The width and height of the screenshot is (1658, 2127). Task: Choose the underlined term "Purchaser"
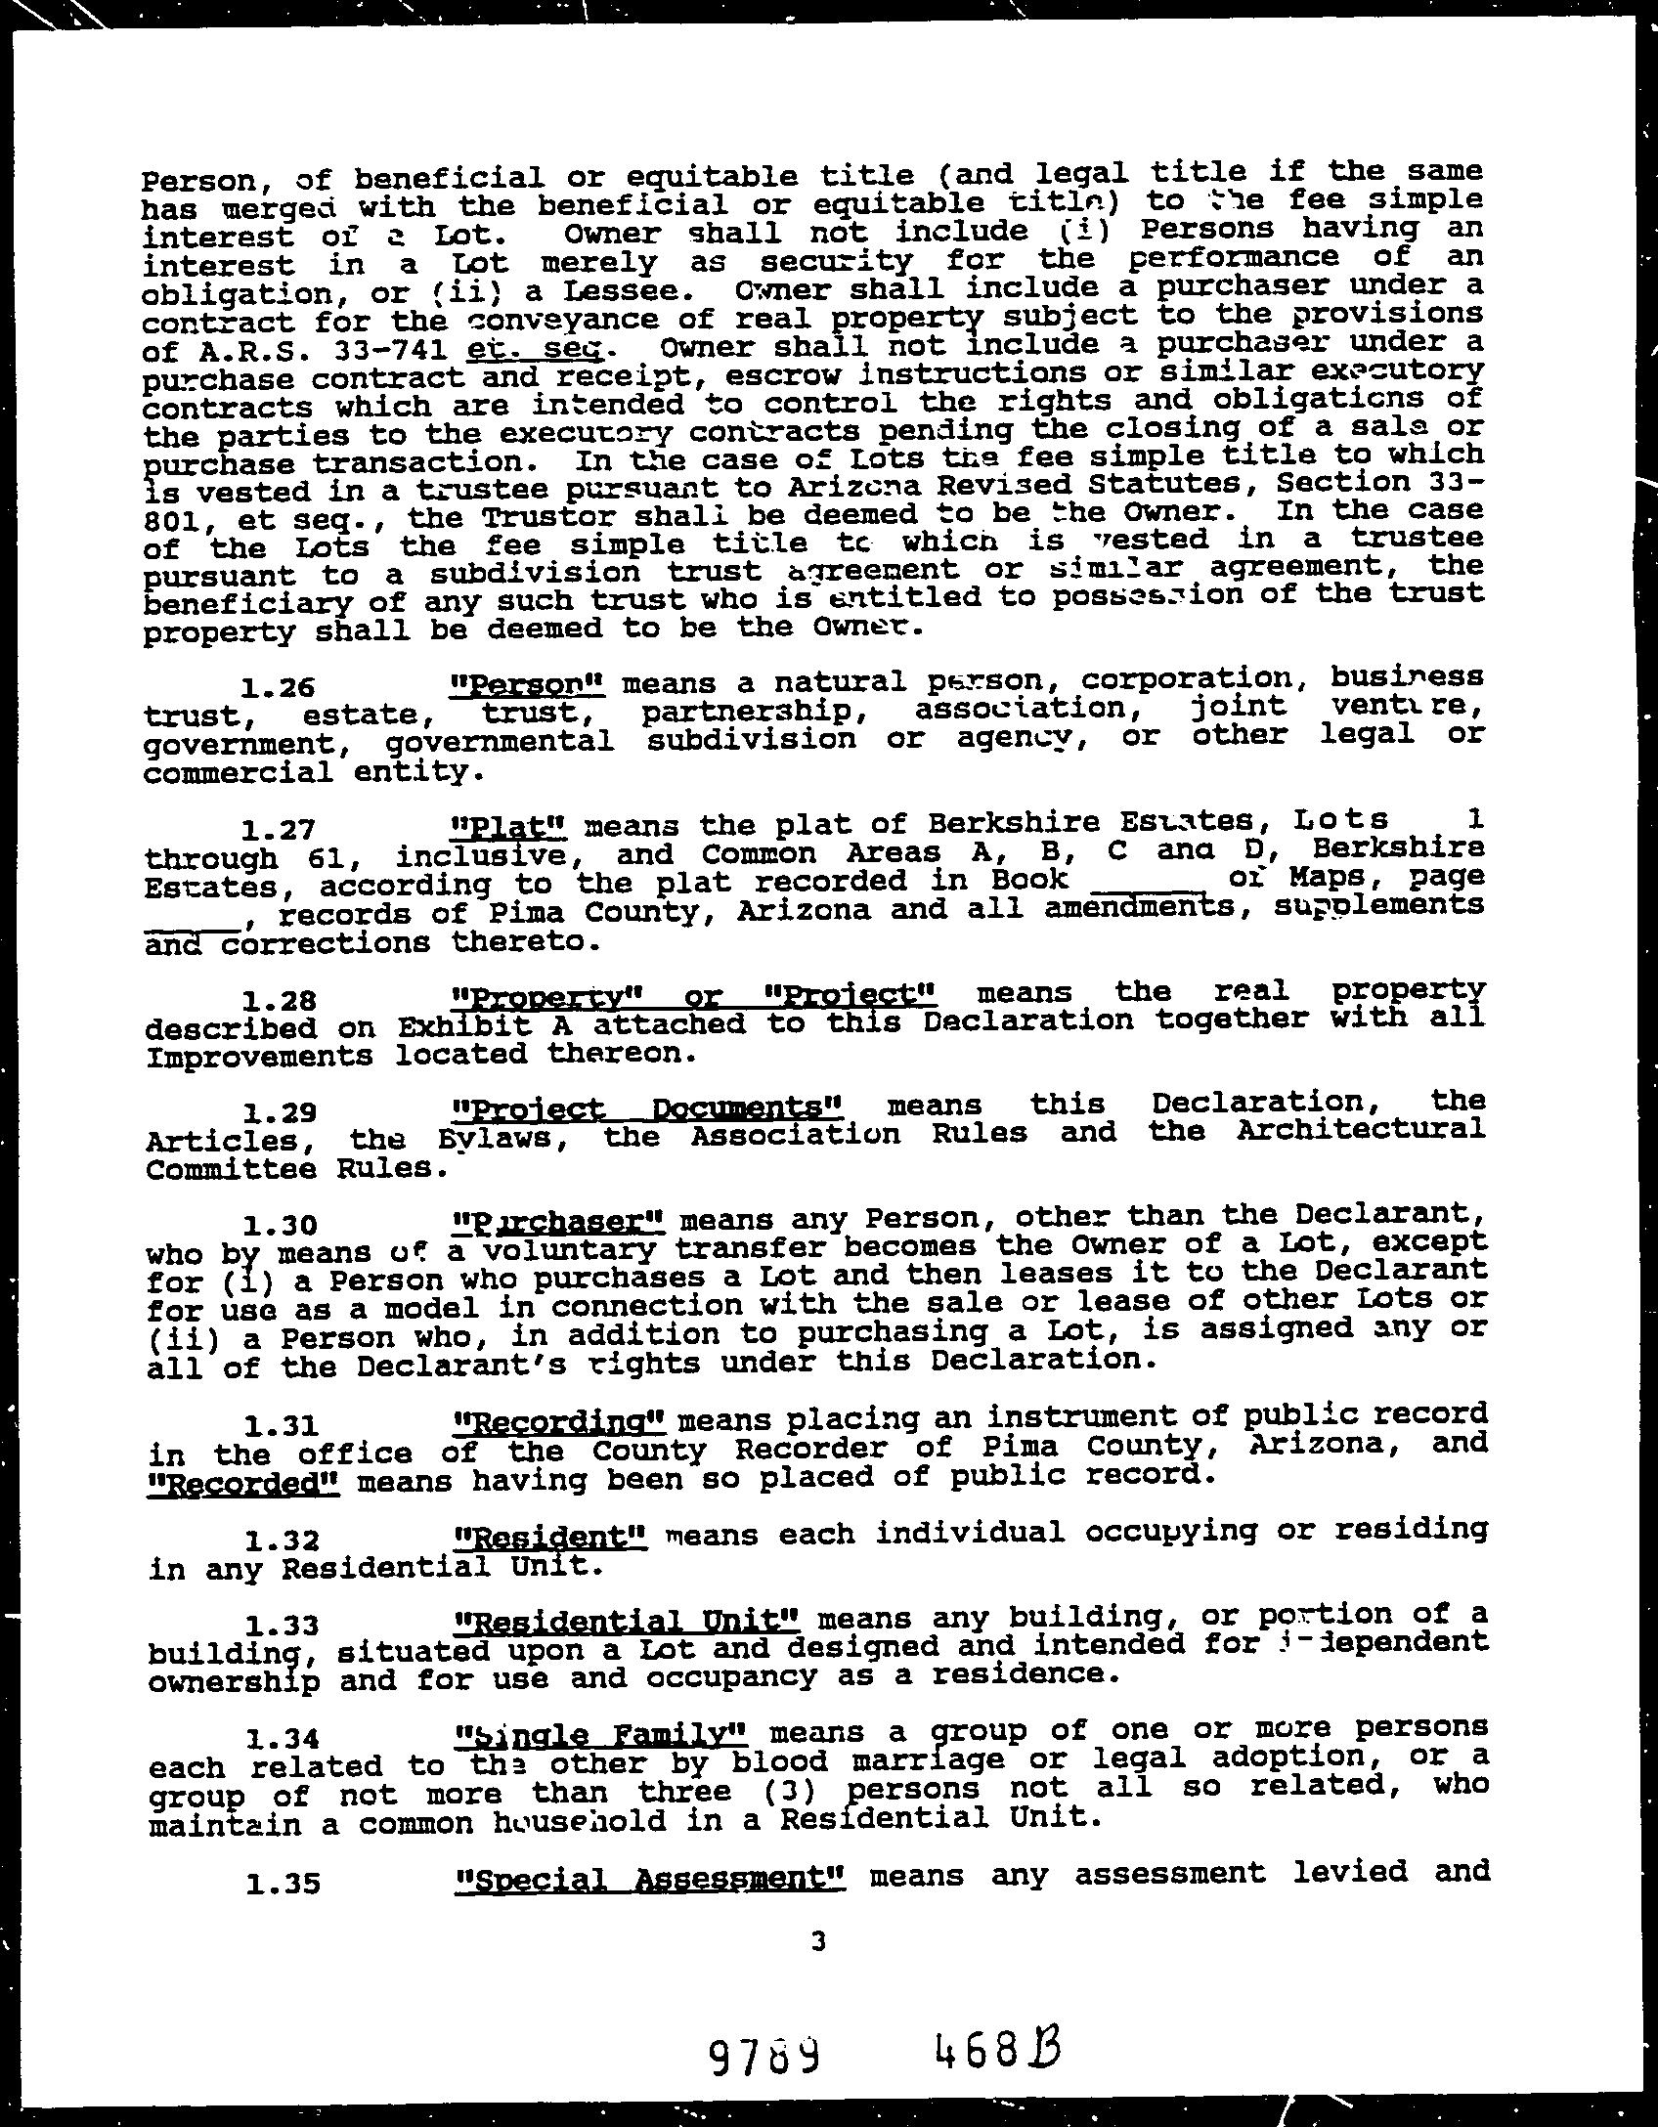[561, 1223]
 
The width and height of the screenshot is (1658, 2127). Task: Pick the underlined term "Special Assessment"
[650, 1878]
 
